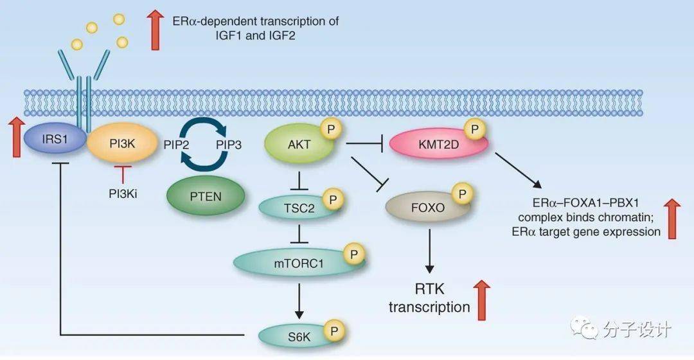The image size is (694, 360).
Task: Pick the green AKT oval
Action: (x=299, y=145)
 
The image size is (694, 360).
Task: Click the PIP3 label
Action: (x=228, y=145)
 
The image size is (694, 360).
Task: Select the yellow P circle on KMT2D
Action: (x=476, y=130)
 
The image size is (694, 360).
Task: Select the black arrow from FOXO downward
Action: (x=429, y=253)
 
